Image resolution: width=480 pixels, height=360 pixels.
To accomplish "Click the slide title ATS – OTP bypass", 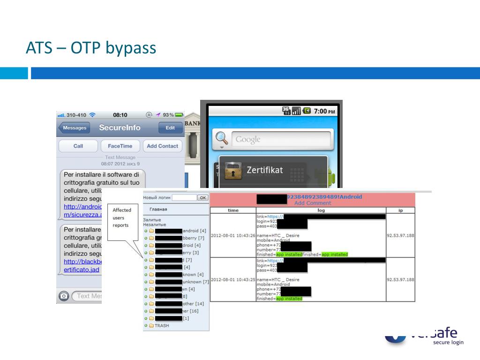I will pos(90,48).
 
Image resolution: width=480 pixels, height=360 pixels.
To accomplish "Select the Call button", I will pos(78,146).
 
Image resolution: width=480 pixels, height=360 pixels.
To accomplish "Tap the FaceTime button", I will pos(120,146).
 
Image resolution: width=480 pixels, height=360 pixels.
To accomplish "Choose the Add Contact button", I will pos(162,146).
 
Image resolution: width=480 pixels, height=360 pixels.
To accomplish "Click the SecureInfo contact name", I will pos(120,128).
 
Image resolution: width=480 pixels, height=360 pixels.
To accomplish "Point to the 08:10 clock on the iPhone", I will pos(120,115).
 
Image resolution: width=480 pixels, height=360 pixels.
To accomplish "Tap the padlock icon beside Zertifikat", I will pos(233,171).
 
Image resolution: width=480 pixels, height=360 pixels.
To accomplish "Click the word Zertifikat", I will pos(265,170).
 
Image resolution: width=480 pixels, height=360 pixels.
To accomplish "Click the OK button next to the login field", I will pos(203,198).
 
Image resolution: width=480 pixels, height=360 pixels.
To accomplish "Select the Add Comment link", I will pos(312,203).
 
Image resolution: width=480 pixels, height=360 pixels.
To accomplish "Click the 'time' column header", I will pos(233,210).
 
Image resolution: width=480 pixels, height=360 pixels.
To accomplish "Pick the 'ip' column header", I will pos(400,210).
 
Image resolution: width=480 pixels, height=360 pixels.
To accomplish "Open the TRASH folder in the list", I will pos(161,326).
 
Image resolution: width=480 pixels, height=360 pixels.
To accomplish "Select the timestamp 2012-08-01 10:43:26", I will pos(233,235).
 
